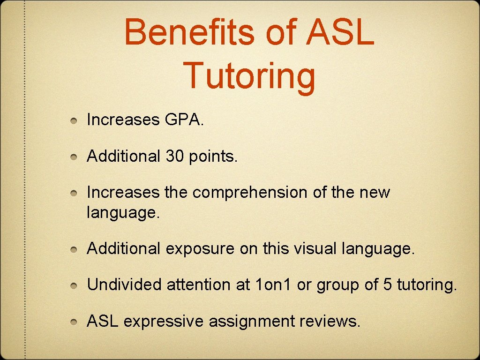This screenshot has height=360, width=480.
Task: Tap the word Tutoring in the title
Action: tap(249, 76)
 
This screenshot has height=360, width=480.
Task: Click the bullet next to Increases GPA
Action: tap(74, 121)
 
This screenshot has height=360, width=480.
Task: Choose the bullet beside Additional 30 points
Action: tap(74, 157)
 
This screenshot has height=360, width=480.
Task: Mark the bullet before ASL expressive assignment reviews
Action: tap(74, 322)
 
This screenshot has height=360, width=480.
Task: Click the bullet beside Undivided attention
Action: tap(74, 285)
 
